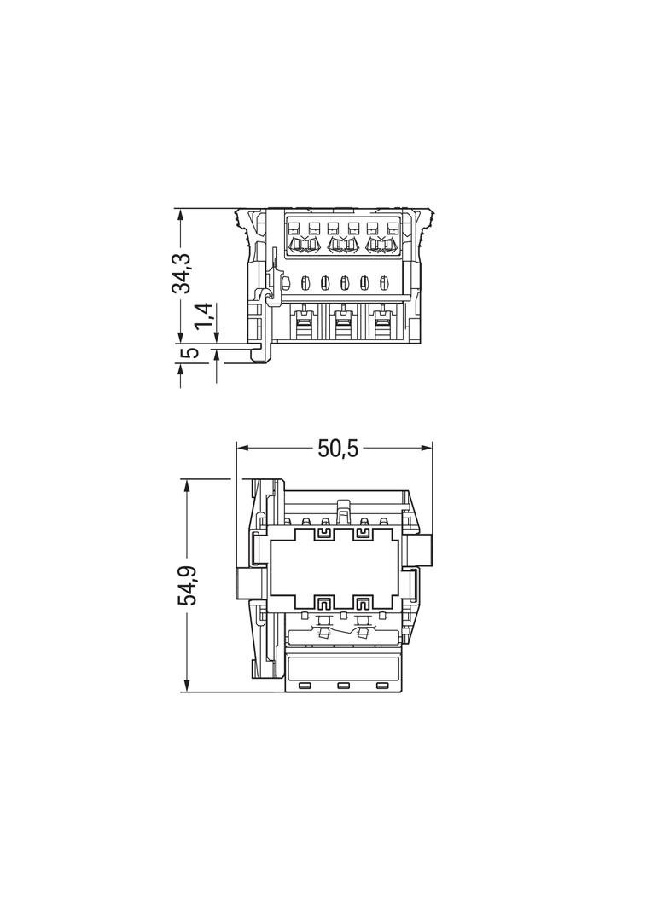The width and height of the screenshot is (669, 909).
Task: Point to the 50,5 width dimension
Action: coord(338,449)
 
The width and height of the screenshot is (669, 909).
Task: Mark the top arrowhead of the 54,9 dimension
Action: coord(186,486)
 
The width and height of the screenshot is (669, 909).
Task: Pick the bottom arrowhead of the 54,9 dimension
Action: coord(186,686)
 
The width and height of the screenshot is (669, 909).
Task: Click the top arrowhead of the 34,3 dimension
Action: coord(181,216)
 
